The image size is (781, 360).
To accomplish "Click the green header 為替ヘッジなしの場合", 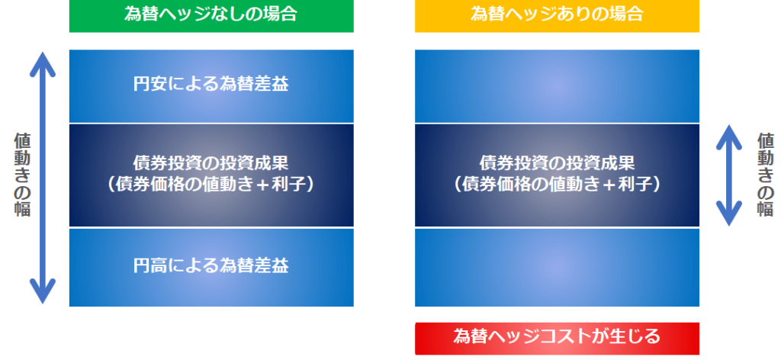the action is pyautogui.click(x=211, y=16).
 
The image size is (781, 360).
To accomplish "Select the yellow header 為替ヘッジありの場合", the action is pyautogui.click(x=557, y=16).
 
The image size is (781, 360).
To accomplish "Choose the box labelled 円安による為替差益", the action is pyautogui.click(x=211, y=85).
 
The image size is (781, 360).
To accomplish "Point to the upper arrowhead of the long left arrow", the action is pyautogui.click(x=43, y=63).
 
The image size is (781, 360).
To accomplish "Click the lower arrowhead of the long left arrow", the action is pyautogui.click(x=43, y=292).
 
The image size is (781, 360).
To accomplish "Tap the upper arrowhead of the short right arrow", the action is pyautogui.click(x=729, y=136).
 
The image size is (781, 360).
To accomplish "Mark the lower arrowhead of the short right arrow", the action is pyautogui.click(x=729, y=214).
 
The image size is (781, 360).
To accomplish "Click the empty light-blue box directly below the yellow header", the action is pyautogui.click(x=557, y=85).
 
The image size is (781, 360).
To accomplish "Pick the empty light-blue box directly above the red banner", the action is pyautogui.click(x=557, y=268).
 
